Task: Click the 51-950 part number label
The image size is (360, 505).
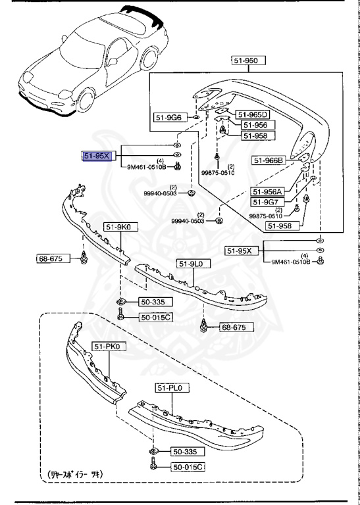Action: (248, 60)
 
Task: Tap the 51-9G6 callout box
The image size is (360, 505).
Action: (168, 118)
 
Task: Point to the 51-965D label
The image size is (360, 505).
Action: (253, 114)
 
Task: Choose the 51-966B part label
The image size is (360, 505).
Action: (268, 159)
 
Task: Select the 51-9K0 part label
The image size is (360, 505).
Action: (117, 228)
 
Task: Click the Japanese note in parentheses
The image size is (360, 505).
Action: (76, 473)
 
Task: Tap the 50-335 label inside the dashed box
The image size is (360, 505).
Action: (185, 452)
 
